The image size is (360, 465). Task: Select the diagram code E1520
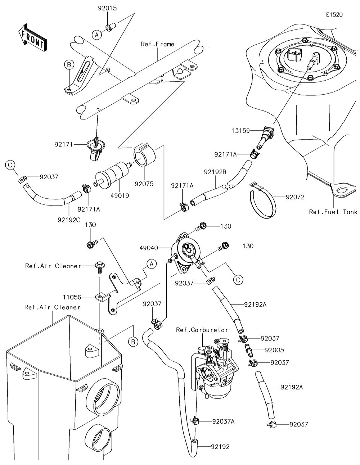(x=334, y=15)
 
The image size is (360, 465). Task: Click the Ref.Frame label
(x=157, y=44)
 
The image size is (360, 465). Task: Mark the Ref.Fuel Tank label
(x=333, y=212)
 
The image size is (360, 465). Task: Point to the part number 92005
(x=274, y=349)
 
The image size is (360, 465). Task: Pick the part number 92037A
(x=223, y=421)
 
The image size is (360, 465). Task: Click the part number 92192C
(x=68, y=219)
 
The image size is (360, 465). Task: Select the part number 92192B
(x=216, y=172)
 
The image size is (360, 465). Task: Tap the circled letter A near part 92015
(x=96, y=35)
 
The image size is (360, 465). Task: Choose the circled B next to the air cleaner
(x=133, y=341)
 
